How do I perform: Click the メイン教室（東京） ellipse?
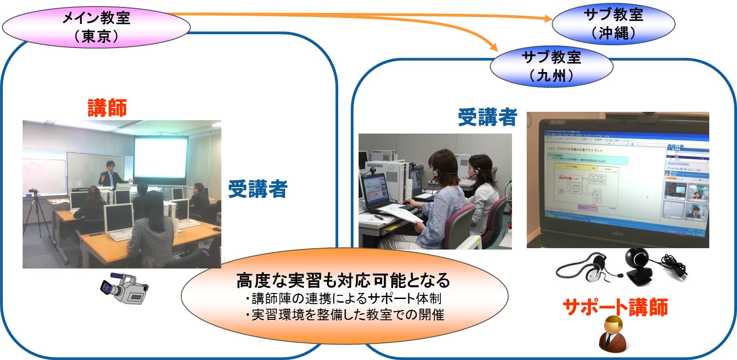click(96, 26)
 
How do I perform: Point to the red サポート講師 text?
click(615, 307)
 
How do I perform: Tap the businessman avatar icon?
click(613, 334)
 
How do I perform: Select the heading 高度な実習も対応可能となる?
click(342, 280)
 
